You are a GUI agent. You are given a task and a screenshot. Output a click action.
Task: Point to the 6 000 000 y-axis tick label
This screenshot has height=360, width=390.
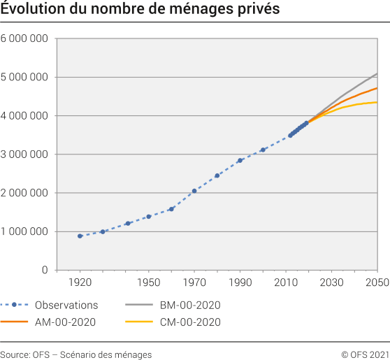pyautogui.click(x=24, y=38)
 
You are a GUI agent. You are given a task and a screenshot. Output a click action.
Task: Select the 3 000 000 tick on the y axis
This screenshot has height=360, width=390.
pyautogui.click(x=24, y=154)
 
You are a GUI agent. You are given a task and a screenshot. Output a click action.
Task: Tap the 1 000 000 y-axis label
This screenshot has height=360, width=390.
pyautogui.click(x=24, y=231)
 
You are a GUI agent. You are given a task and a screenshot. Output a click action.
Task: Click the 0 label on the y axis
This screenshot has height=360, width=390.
pyautogui.click(x=44, y=270)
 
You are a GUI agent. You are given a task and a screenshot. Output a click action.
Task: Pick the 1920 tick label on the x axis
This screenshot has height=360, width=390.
pyautogui.click(x=80, y=282)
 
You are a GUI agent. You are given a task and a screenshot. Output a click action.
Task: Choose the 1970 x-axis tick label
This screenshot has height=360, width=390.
pyautogui.click(x=194, y=282)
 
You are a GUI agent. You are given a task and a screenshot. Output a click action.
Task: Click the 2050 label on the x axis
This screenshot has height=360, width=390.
pyautogui.click(x=377, y=282)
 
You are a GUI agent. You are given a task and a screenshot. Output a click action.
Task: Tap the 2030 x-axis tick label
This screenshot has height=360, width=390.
pyautogui.click(x=331, y=282)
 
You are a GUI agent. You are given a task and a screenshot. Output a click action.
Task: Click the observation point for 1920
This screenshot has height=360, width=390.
pyautogui.click(x=80, y=236)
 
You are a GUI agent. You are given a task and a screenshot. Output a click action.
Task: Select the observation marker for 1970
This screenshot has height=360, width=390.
pyautogui.click(x=194, y=191)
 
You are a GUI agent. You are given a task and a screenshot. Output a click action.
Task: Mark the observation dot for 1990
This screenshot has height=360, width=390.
pyautogui.click(x=240, y=160)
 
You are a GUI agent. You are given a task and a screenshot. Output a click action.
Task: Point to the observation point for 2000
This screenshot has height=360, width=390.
pyautogui.click(x=263, y=150)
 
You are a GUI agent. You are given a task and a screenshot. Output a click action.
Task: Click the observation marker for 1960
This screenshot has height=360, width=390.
pyautogui.click(x=171, y=209)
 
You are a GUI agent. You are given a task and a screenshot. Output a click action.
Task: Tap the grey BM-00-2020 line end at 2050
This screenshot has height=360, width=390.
pyautogui.click(x=377, y=73)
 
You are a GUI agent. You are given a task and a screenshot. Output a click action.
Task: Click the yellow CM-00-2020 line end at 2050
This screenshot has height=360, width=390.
pyautogui.click(x=377, y=103)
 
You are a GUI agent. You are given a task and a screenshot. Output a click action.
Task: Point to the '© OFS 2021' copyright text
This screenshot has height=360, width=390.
pyautogui.click(x=365, y=354)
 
